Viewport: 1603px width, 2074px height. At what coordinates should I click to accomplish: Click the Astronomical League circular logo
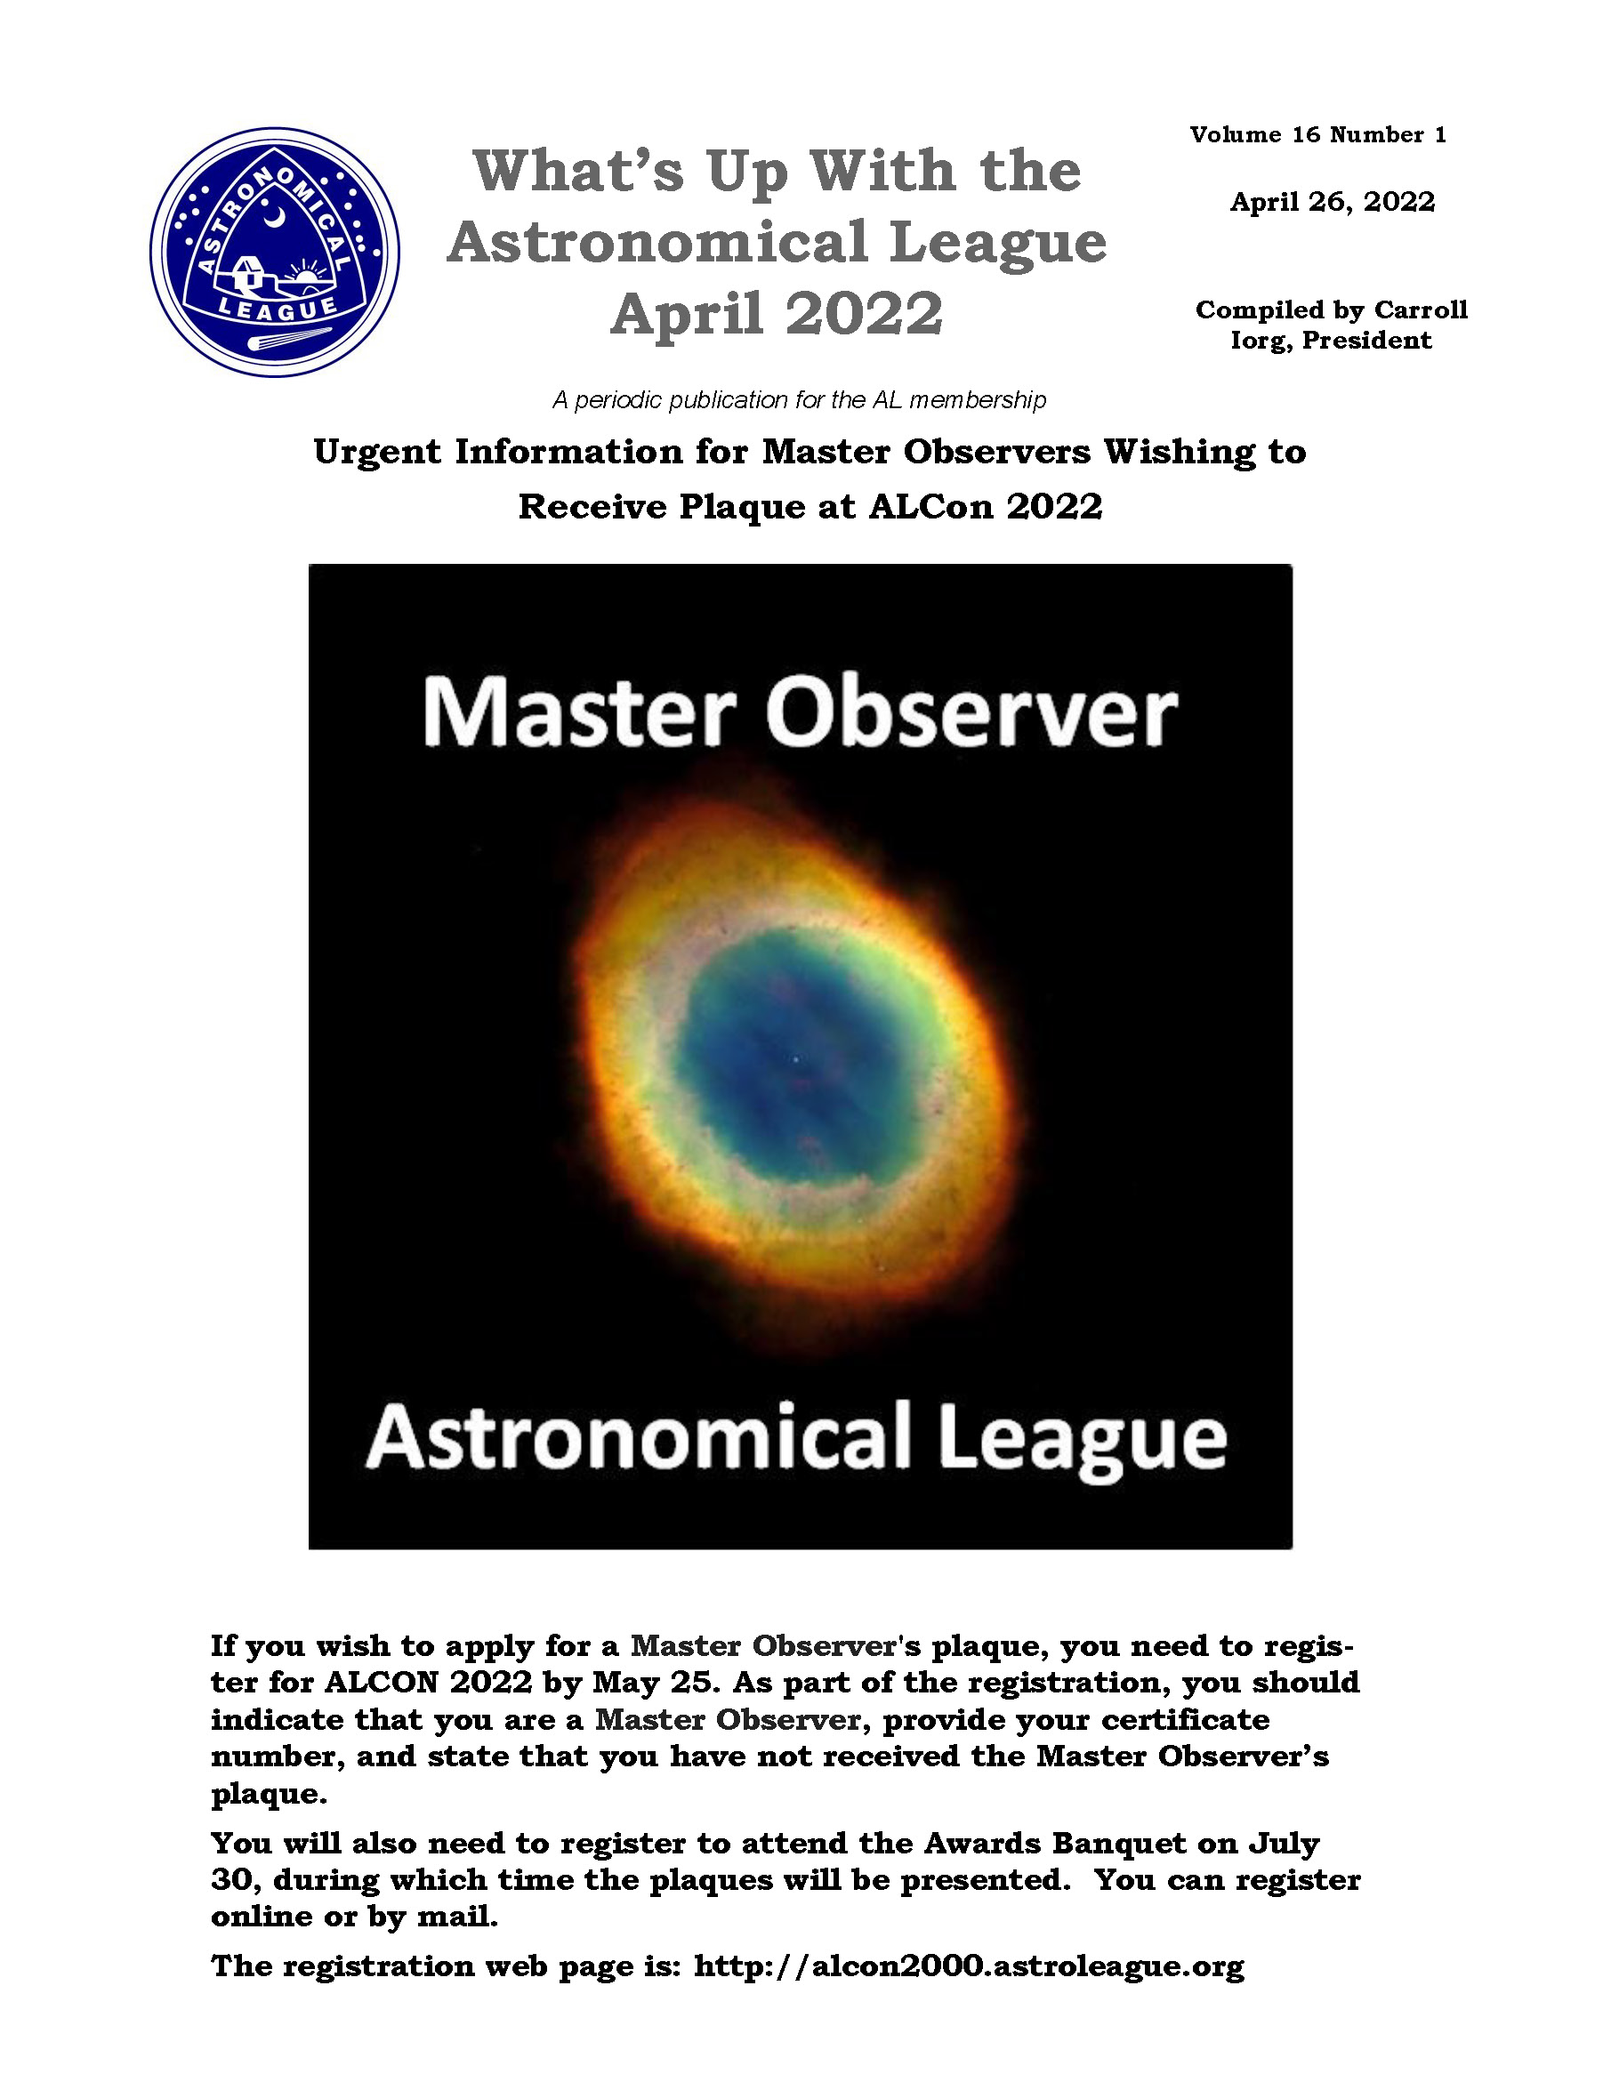275,252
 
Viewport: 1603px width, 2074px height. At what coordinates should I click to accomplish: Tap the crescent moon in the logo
275,219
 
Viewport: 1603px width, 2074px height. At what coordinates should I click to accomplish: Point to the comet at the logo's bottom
289,341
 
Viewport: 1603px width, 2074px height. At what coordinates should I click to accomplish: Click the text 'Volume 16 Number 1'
1318,135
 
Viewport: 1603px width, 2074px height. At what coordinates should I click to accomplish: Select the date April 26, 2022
1333,202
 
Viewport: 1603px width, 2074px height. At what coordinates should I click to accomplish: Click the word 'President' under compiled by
1366,341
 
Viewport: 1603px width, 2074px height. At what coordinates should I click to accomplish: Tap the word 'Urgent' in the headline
377,453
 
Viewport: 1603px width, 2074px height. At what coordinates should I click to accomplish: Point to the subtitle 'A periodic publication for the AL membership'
800,400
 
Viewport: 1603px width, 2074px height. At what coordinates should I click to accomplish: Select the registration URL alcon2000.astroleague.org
969,1965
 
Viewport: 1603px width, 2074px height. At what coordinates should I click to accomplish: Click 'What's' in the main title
578,171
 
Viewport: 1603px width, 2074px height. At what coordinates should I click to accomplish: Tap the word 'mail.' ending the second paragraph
458,1917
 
